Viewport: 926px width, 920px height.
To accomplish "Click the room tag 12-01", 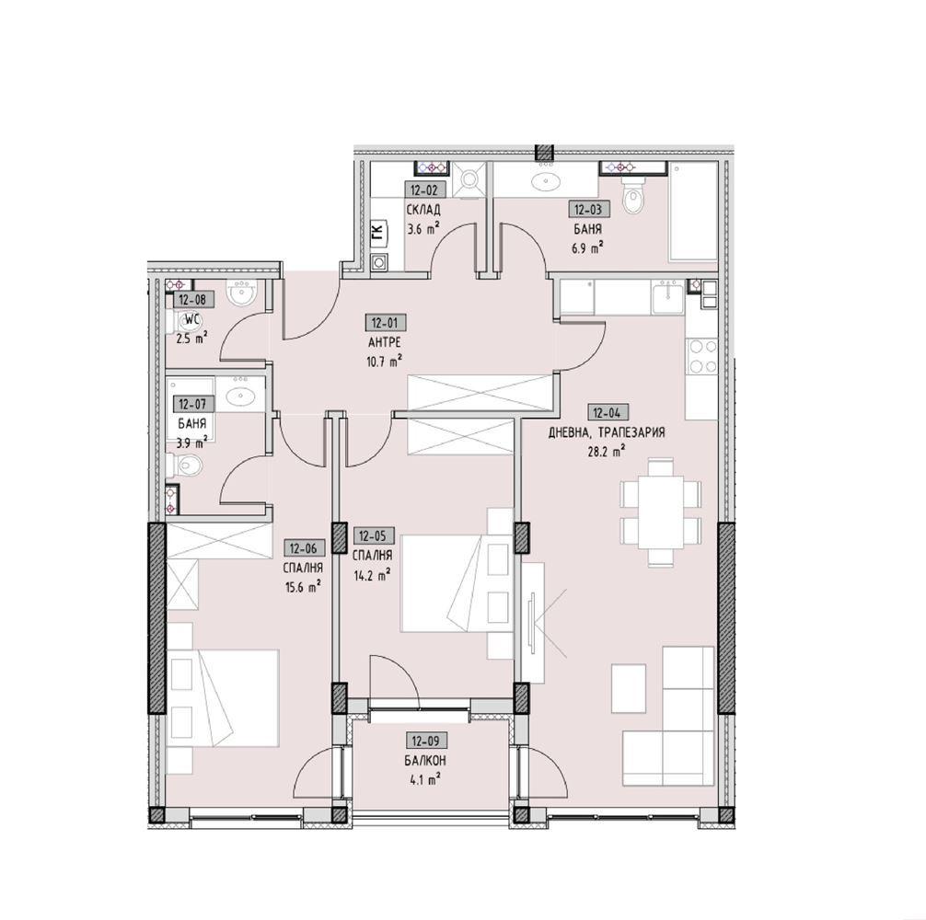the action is (x=386, y=324).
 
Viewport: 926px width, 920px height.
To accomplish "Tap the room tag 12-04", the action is (x=608, y=412).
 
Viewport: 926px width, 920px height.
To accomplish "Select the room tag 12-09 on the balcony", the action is (x=425, y=740).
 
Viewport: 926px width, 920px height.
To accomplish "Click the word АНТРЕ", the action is (x=385, y=343).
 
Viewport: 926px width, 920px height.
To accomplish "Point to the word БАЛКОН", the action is (x=425, y=761).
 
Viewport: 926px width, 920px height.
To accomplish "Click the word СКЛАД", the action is (x=423, y=210).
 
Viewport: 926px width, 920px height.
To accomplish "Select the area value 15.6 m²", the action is (x=303, y=587).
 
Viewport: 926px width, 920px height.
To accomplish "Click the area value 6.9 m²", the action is (x=587, y=248).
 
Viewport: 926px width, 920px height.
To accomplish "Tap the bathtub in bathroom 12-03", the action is (x=693, y=212).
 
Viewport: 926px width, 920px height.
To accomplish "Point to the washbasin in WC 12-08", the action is (x=241, y=293).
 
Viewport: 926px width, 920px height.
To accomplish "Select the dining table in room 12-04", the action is (x=661, y=512).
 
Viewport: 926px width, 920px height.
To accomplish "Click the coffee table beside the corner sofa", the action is (x=628, y=687).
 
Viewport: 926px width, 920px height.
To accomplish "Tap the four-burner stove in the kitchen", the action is (x=701, y=356).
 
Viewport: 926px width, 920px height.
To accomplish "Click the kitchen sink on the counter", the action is (x=668, y=298).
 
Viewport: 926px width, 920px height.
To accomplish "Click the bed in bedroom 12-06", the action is (x=224, y=698).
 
